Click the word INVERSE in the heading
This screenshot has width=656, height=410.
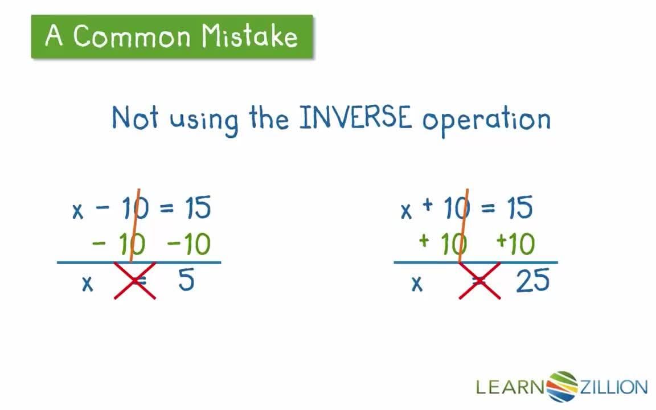pyautogui.click(x=354, y=118)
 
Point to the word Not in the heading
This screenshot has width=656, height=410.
pyautogui.click(x=134, y=118)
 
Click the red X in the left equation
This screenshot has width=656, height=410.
pyautogui.click(x=136, y=281)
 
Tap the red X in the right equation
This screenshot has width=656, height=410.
pyautogui.click(x=480, y=281)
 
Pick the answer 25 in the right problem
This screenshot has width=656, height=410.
pyautogui.click(x=532, y=281)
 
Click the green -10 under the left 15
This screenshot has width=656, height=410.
pyautogui.click(x=188, y=245)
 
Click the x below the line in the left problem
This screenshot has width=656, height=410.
pyautogui.click(x=87, y=283)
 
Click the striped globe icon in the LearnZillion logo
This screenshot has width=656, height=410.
pyautogui.click(x=561, y=387)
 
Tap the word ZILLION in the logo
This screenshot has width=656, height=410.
pyautogui.click(x=613, y=387)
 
